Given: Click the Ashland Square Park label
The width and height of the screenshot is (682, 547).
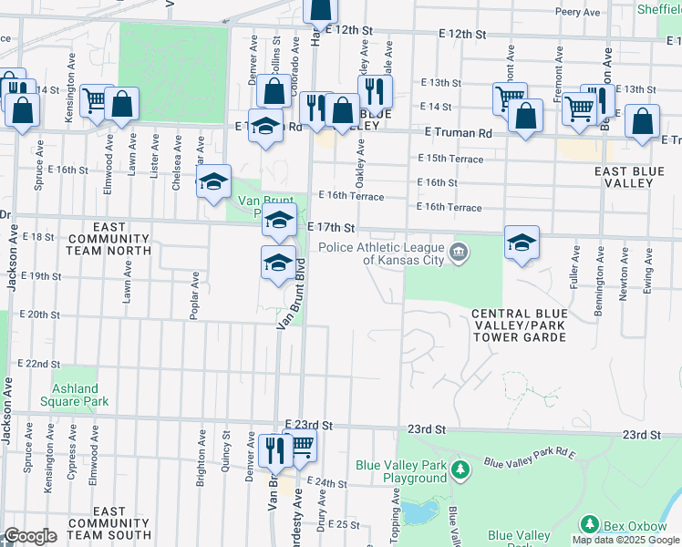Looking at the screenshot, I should pyautogui.click(x=74, y=394).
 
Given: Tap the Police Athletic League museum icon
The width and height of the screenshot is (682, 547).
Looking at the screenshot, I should pyautogui.click(x=459, y=251).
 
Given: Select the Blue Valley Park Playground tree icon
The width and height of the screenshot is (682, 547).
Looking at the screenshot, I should pyautogui.click(x=461, y=470).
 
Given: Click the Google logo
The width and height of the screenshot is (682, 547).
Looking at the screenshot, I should pyautogui.click(x=29, y=536).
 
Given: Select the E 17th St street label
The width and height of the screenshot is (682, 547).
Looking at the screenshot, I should pyautogui.click(x=330, y=226).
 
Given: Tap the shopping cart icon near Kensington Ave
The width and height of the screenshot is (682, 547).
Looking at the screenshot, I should pyautogui.click(x=95, y=99).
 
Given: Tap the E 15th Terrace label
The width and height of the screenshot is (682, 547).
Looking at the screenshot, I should pyautogui.click(x=449, y=158).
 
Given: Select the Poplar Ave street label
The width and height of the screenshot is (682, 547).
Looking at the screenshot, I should pyautogui.click(x=194, y=294).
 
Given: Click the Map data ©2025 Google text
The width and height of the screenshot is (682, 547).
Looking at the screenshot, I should pyautogui.click(x=625, y=540).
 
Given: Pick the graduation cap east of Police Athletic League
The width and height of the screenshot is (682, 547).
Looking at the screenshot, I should pyautogui.click(x=522, y=243).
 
